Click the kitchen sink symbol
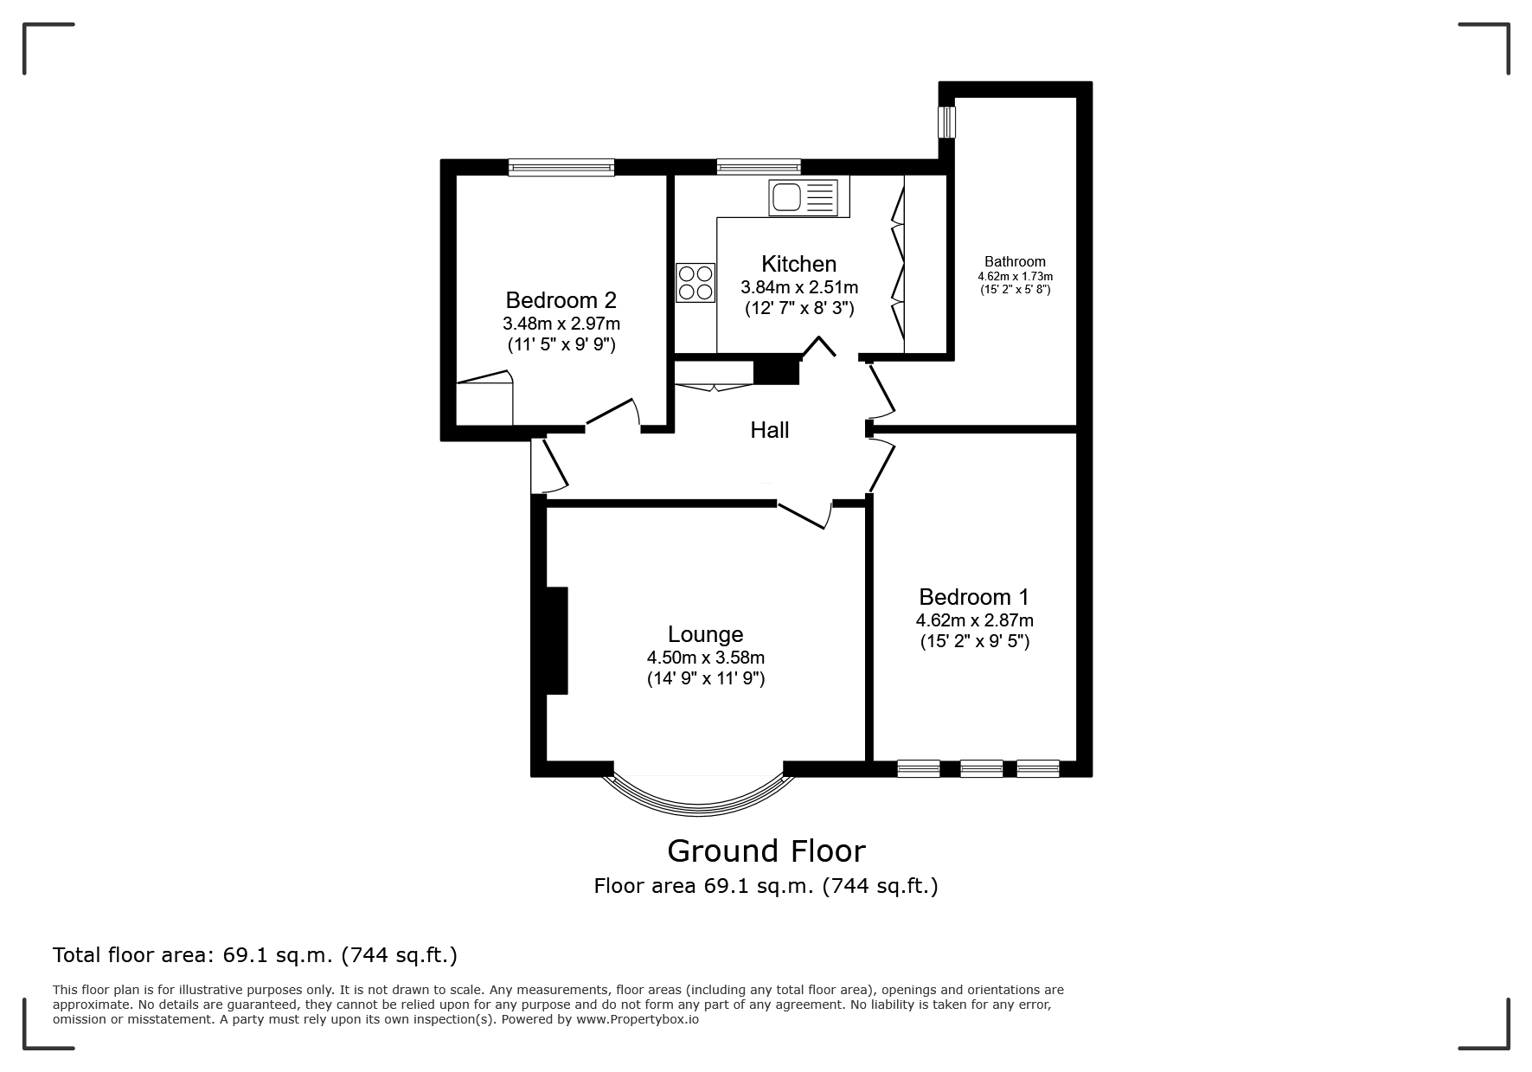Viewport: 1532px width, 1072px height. click(x=804, y=197)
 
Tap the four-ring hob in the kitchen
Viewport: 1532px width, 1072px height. click(x=696, y=282)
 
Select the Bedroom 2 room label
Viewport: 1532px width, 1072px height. click(x=561, y=300)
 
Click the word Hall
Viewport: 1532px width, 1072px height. click(x=770, y=430)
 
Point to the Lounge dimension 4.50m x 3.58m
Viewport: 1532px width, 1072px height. click(x=706, y=658)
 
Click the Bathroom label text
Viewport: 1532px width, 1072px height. click(x=1015, y=261)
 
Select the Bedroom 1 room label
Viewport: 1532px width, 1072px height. click(x=974, y=597)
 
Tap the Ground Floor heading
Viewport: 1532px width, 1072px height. click(x=766, y=851)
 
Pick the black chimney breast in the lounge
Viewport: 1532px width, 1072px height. click(x=557, y=640)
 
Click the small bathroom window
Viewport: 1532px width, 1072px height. click(x=948, y=121)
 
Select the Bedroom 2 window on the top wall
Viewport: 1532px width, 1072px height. click(x=561, y=168)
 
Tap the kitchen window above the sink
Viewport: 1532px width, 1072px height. click(x=759, y=167)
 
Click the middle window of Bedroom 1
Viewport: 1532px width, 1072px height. click(x=982, y=768)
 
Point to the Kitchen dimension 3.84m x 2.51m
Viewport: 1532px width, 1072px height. click(x=799, y=287)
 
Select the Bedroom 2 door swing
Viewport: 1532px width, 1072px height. click(x=614, y=414)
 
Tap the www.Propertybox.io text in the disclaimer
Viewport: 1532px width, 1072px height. click(x=638, y=1019)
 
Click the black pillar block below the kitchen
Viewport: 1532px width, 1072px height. click(x=777, y=370)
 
